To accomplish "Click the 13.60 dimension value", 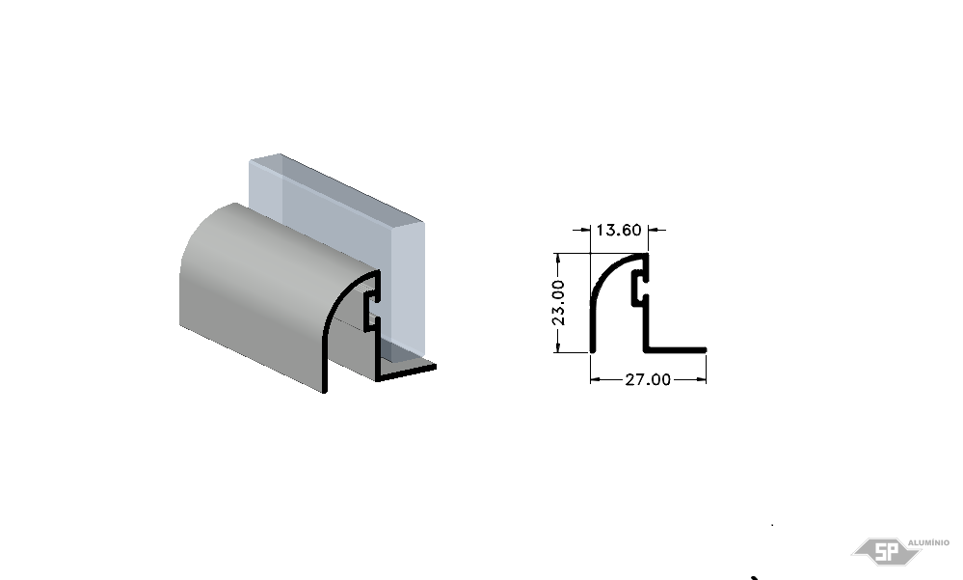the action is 619,230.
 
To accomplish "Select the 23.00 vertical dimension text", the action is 558,303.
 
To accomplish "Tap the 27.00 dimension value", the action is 648,379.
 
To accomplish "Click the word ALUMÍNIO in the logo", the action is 928,542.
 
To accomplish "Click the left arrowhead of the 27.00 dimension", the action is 595,379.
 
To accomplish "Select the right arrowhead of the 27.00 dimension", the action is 702,379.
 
